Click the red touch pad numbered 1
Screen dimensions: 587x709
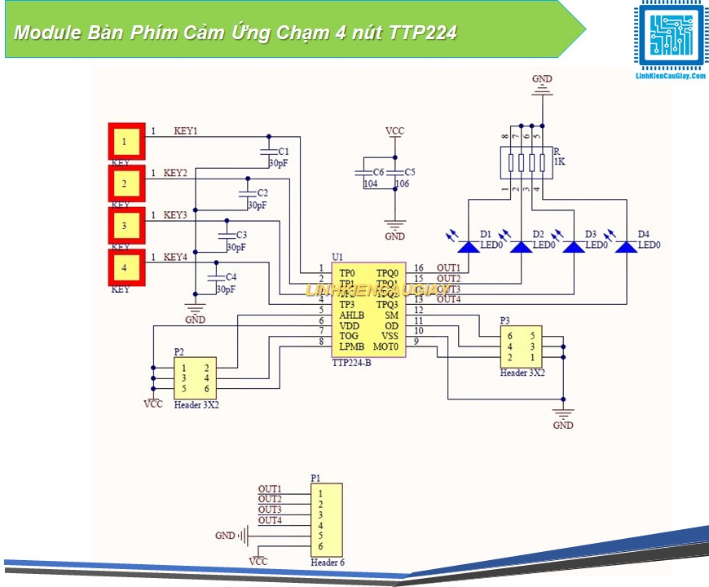(126, 141)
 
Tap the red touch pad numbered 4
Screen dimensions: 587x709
(126, 267)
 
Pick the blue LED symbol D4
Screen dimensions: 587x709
(626, 245)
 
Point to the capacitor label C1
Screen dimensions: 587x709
(283, 152)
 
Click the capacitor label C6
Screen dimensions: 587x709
(378, 173)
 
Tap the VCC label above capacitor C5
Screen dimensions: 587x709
(394, 130)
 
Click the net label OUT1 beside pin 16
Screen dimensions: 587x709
(448, 267)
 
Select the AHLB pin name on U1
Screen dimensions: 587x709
(352, 315)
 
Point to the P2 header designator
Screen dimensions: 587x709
(179, 351)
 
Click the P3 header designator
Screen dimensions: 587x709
(505, 320)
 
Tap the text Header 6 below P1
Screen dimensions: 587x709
(328, 563)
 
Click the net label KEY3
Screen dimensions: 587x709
(175, 215)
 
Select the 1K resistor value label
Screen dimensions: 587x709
(559, 162)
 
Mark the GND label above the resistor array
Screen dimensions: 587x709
(542, 79)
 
